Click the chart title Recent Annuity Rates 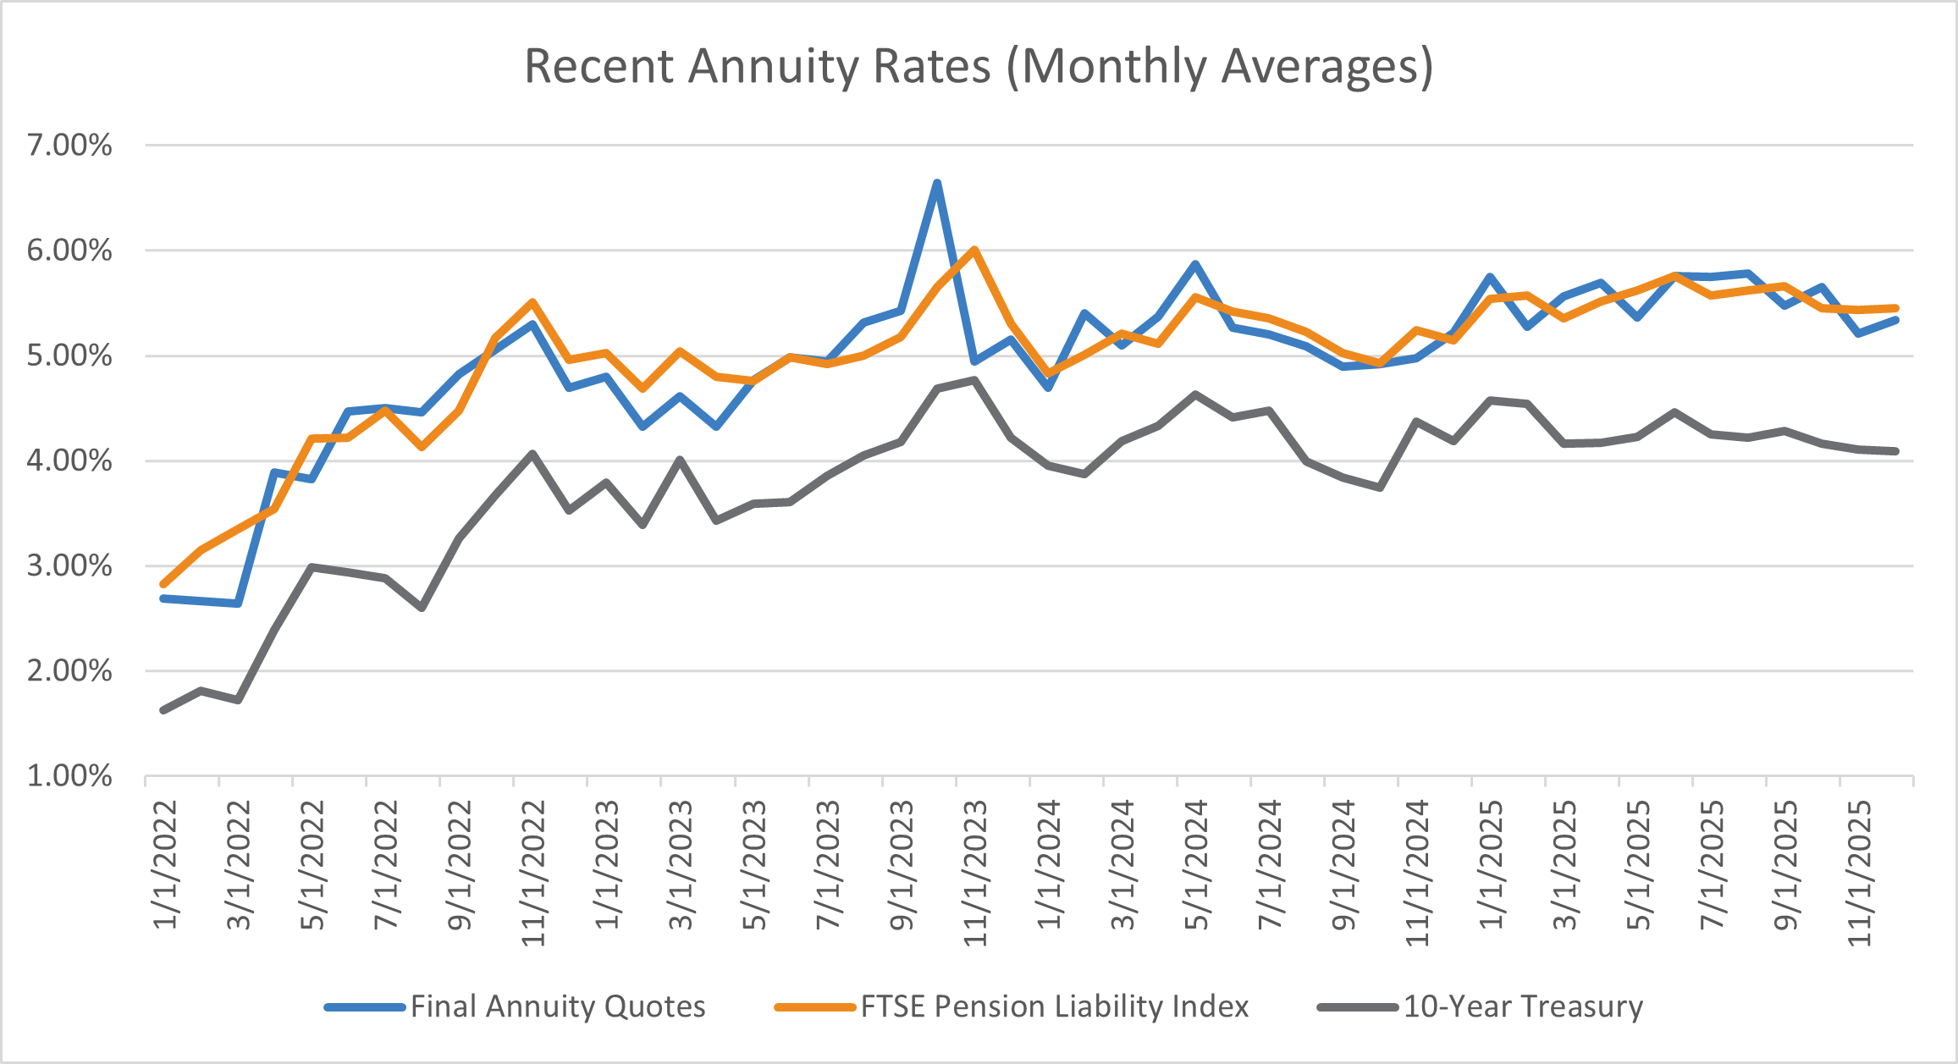(x=978, y=66)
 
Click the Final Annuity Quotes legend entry (x=557, y=1006)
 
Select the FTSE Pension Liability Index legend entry (x=1054, y=1006)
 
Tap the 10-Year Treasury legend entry (x=1522, y=1006)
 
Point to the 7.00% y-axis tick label (x=69, y=146)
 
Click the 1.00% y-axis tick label (x=69, y=776)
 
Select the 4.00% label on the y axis (x=69, y=461)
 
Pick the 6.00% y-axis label (x=69, y=251)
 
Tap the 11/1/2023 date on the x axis (x=976, y=872)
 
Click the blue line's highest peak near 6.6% (x=937, y=183)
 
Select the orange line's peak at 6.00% (x=974, y=250)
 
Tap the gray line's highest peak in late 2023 (x=974, y=379)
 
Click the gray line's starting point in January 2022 (x=163, y=710)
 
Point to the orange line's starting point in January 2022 (x=163, y=584)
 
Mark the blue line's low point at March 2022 (x=238, y=604)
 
